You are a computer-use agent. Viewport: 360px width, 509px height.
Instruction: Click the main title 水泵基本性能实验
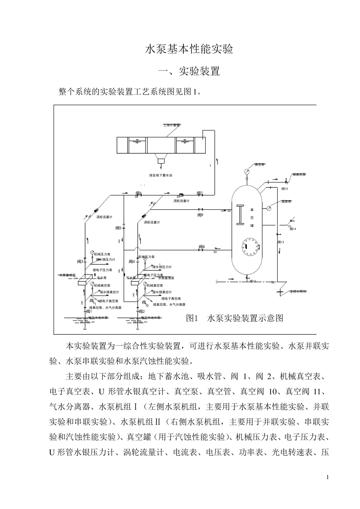(x=189, y=50)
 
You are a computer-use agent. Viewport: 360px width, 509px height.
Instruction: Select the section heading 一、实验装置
(x=189, y=71)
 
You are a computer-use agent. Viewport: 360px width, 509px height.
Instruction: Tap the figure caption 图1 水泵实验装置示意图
(x=235, y=318)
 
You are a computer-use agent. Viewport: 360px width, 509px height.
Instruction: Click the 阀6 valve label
(x=139, y=194)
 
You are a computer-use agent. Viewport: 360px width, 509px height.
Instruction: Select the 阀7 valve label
(x=200, y=194)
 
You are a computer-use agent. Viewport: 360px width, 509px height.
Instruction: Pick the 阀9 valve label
(x=200, y=215)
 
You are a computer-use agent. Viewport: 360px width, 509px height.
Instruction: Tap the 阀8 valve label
(x=202, y=247)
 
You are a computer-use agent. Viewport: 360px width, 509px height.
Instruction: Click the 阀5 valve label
(x=118, y=228)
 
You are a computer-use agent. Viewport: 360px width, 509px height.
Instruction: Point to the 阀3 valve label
(x=80, y=262)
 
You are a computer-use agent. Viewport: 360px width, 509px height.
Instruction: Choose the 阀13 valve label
(x=280, y=242)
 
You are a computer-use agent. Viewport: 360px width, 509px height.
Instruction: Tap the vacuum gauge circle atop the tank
(x=247, y=171)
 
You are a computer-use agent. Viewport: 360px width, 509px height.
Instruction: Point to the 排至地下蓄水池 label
(x=161, y=175)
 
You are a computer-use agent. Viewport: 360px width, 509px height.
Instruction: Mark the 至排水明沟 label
(x=297, y=291)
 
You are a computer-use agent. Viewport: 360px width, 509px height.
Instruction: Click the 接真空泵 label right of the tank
(x=299, y=175)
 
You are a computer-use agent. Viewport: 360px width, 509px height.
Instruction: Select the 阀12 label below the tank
(x=253, y=281)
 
